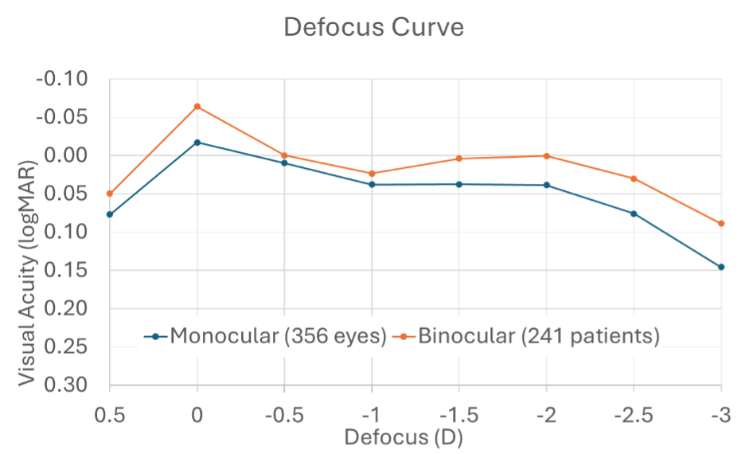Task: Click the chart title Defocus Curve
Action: pos(374,28)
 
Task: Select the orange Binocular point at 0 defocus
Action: pos(197,107)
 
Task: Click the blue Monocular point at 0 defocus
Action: pos(197,143)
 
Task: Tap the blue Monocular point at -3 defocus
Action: pos(721,267)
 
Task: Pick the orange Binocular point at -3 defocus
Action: pos(721,224)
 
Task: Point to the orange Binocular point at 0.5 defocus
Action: pos(110,194)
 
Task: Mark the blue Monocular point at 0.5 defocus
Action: pos(110,214)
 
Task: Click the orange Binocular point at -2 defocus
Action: pos(546,156)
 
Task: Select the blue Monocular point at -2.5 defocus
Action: pos(634,213)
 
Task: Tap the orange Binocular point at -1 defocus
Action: pos(372,174)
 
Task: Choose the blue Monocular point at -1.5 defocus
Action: pos(459,184)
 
